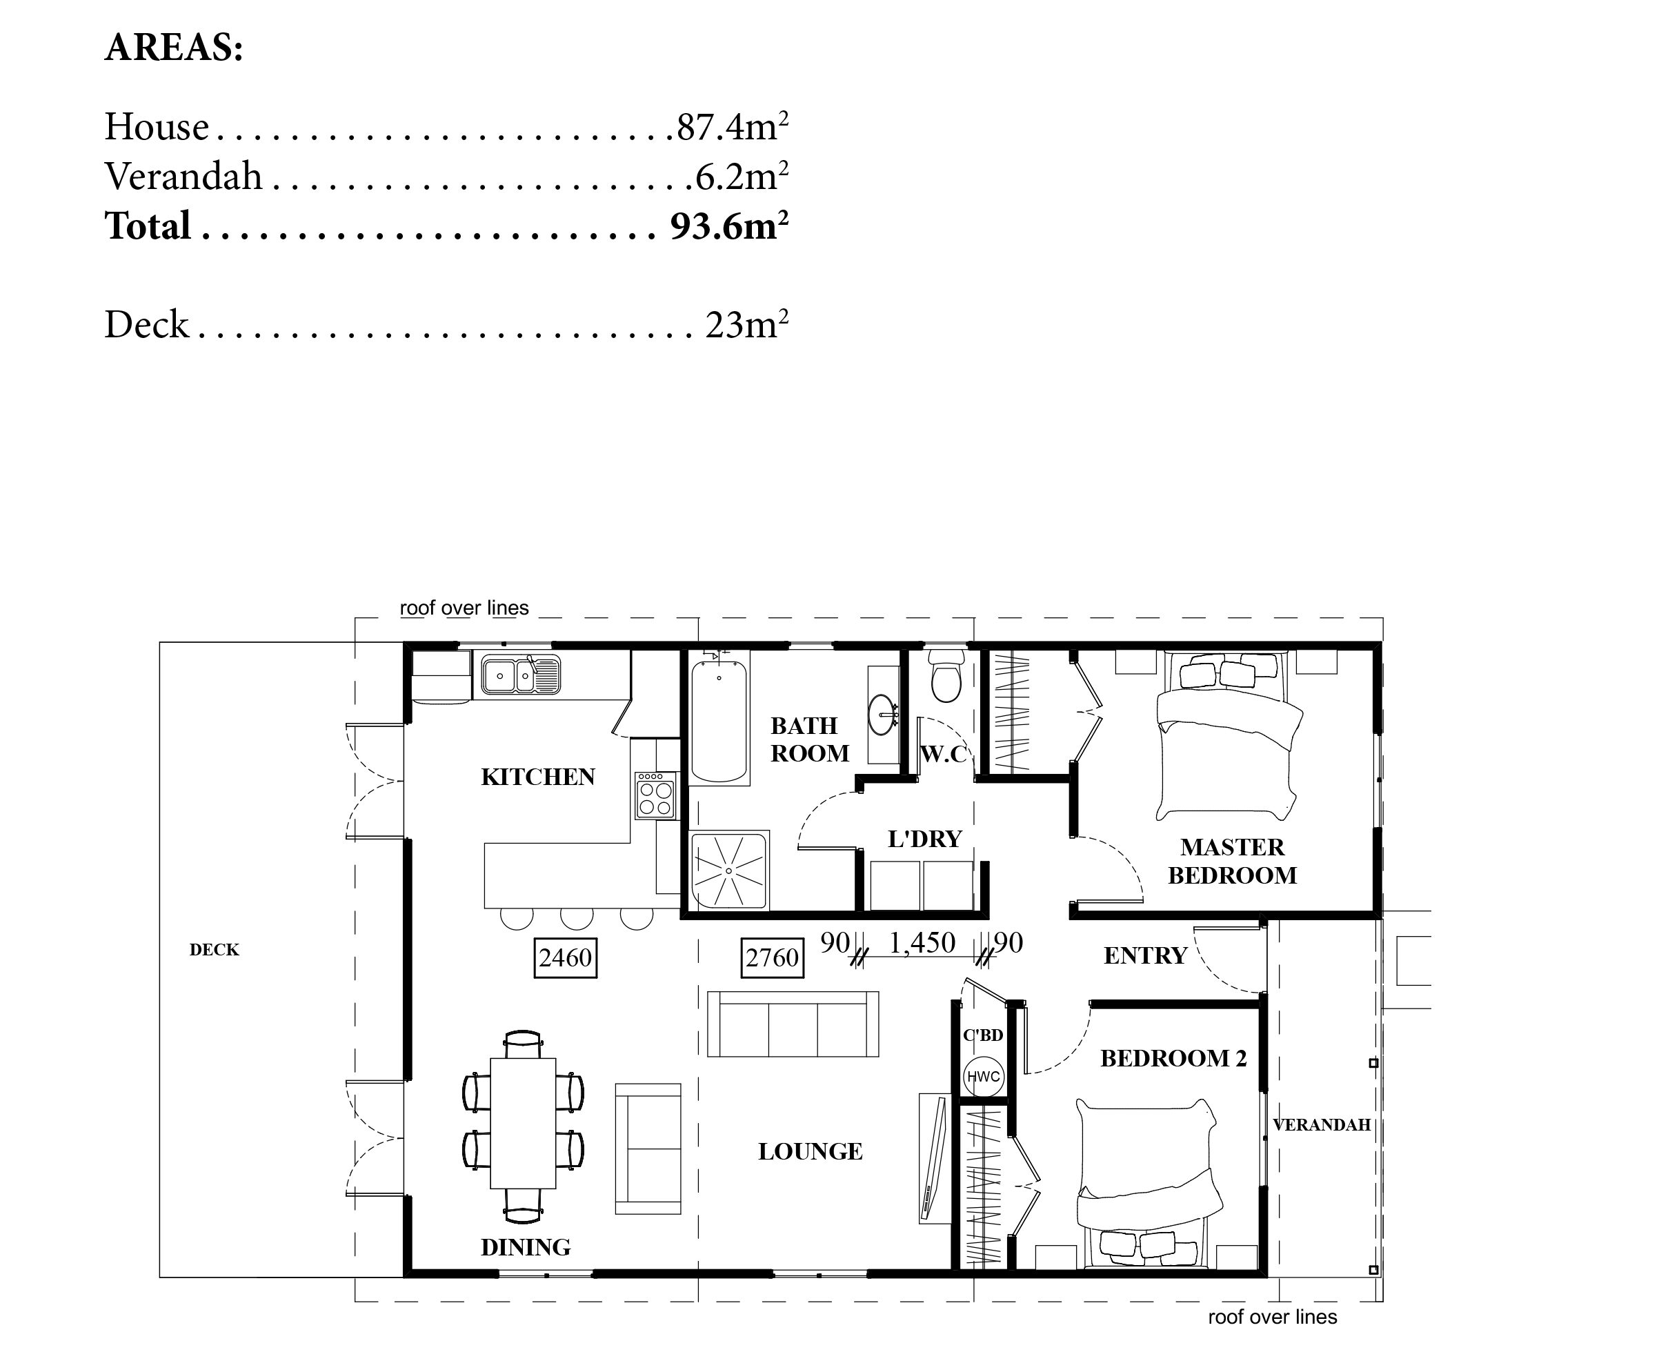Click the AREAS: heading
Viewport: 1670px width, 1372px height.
pos(174,48)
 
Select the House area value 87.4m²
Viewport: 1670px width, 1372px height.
pos(733,126)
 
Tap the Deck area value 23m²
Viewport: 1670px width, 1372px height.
pos(747,324)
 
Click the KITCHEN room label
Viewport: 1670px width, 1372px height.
pos(538,777)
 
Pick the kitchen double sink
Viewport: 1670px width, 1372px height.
pos(520,676)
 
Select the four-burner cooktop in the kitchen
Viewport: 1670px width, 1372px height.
pos(656,796)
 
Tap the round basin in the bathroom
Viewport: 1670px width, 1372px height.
pos(882,715)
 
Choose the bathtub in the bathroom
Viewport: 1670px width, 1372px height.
pos(719,721)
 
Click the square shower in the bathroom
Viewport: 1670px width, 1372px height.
pos(730,870)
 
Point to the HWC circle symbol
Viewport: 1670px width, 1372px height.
pos(983,1076)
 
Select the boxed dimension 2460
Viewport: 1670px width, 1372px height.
pos(565,958)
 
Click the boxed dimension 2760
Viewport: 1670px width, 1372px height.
pos(772,958)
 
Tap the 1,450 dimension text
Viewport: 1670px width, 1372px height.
pos(922,943)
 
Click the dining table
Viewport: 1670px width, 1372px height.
pos(523,1123)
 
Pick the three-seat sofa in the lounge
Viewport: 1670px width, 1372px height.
pos(793,1024)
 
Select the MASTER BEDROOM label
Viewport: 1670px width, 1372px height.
pos(1232,862)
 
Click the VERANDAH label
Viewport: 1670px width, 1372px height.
pos(1322,1124)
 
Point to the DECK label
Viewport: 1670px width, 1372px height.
pos(215,950)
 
